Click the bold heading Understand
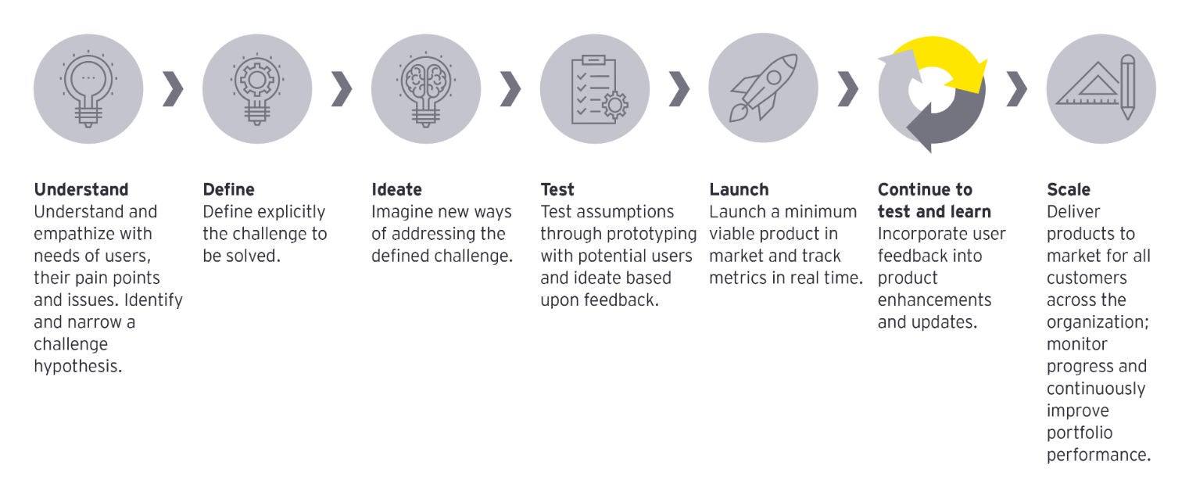81,189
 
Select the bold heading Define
229,189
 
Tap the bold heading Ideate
396,189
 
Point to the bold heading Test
557,189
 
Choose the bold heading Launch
739,189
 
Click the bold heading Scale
1069,189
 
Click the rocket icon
763,88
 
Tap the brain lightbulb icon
426,89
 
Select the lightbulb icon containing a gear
257,89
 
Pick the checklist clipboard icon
599,90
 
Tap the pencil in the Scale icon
1127,87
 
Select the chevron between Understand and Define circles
173,88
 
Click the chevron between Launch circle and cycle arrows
848,88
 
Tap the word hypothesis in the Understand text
77,367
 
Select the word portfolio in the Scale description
1080,433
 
